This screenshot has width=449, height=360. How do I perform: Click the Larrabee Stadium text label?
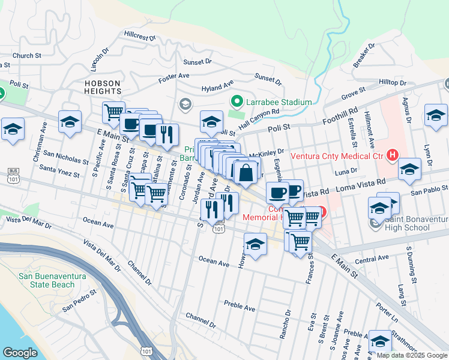(x=280, y=102)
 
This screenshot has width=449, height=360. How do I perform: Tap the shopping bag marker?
(x=246, y=173)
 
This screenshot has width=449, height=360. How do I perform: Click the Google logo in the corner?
(x=20, y=352)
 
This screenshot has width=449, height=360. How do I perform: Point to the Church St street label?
(x=26, y=56)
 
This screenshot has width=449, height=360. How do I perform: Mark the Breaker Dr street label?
(x=364, y=54)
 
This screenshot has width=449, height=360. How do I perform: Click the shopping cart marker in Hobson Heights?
(x=113, y=112)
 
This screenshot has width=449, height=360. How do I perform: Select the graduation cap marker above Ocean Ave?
(x=255, y=245)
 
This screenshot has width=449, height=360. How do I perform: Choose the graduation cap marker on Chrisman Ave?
(x=70, y=122)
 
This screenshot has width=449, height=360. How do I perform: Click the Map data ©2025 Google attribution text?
(x=412, y=355)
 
